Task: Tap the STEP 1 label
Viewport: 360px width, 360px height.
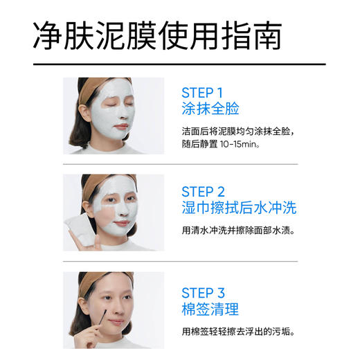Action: pyautogui.click(x=202, y=93)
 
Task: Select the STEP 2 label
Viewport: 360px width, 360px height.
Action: pyautogui.click(x=203, y=191)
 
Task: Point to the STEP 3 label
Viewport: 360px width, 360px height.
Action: pyautogui.click(x=203, y=292)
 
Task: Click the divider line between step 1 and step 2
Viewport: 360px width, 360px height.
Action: pyautogui.click(x=180, y=164)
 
